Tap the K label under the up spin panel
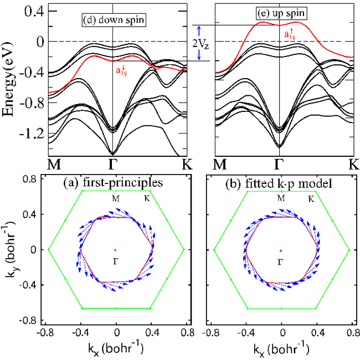click(x=353, y=163)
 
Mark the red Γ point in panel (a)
click(x=115, y=249)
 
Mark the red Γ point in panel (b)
click(x=281, y=249)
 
